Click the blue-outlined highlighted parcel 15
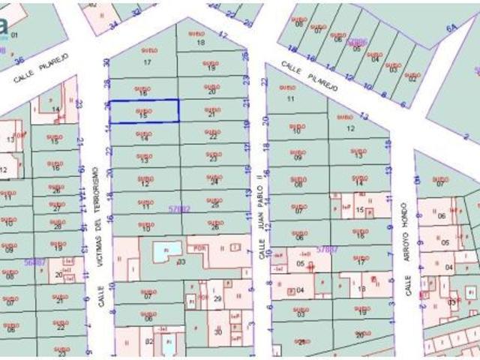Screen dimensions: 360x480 point(145,111)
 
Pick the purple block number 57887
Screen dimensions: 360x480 point(327,248)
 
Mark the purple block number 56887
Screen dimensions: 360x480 point(34,262)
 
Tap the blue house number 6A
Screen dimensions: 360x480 point(451,28)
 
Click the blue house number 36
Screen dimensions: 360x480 point(20,61)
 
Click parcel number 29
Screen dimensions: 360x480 point(217,298)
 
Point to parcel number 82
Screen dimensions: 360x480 point(148,341)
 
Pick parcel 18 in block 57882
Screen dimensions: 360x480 point(200,42)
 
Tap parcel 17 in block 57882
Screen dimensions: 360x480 point(147,62)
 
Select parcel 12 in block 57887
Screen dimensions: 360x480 point(351,128)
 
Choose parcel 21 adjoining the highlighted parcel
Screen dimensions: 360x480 point(211,115)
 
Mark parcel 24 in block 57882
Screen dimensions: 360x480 point(214,182)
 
